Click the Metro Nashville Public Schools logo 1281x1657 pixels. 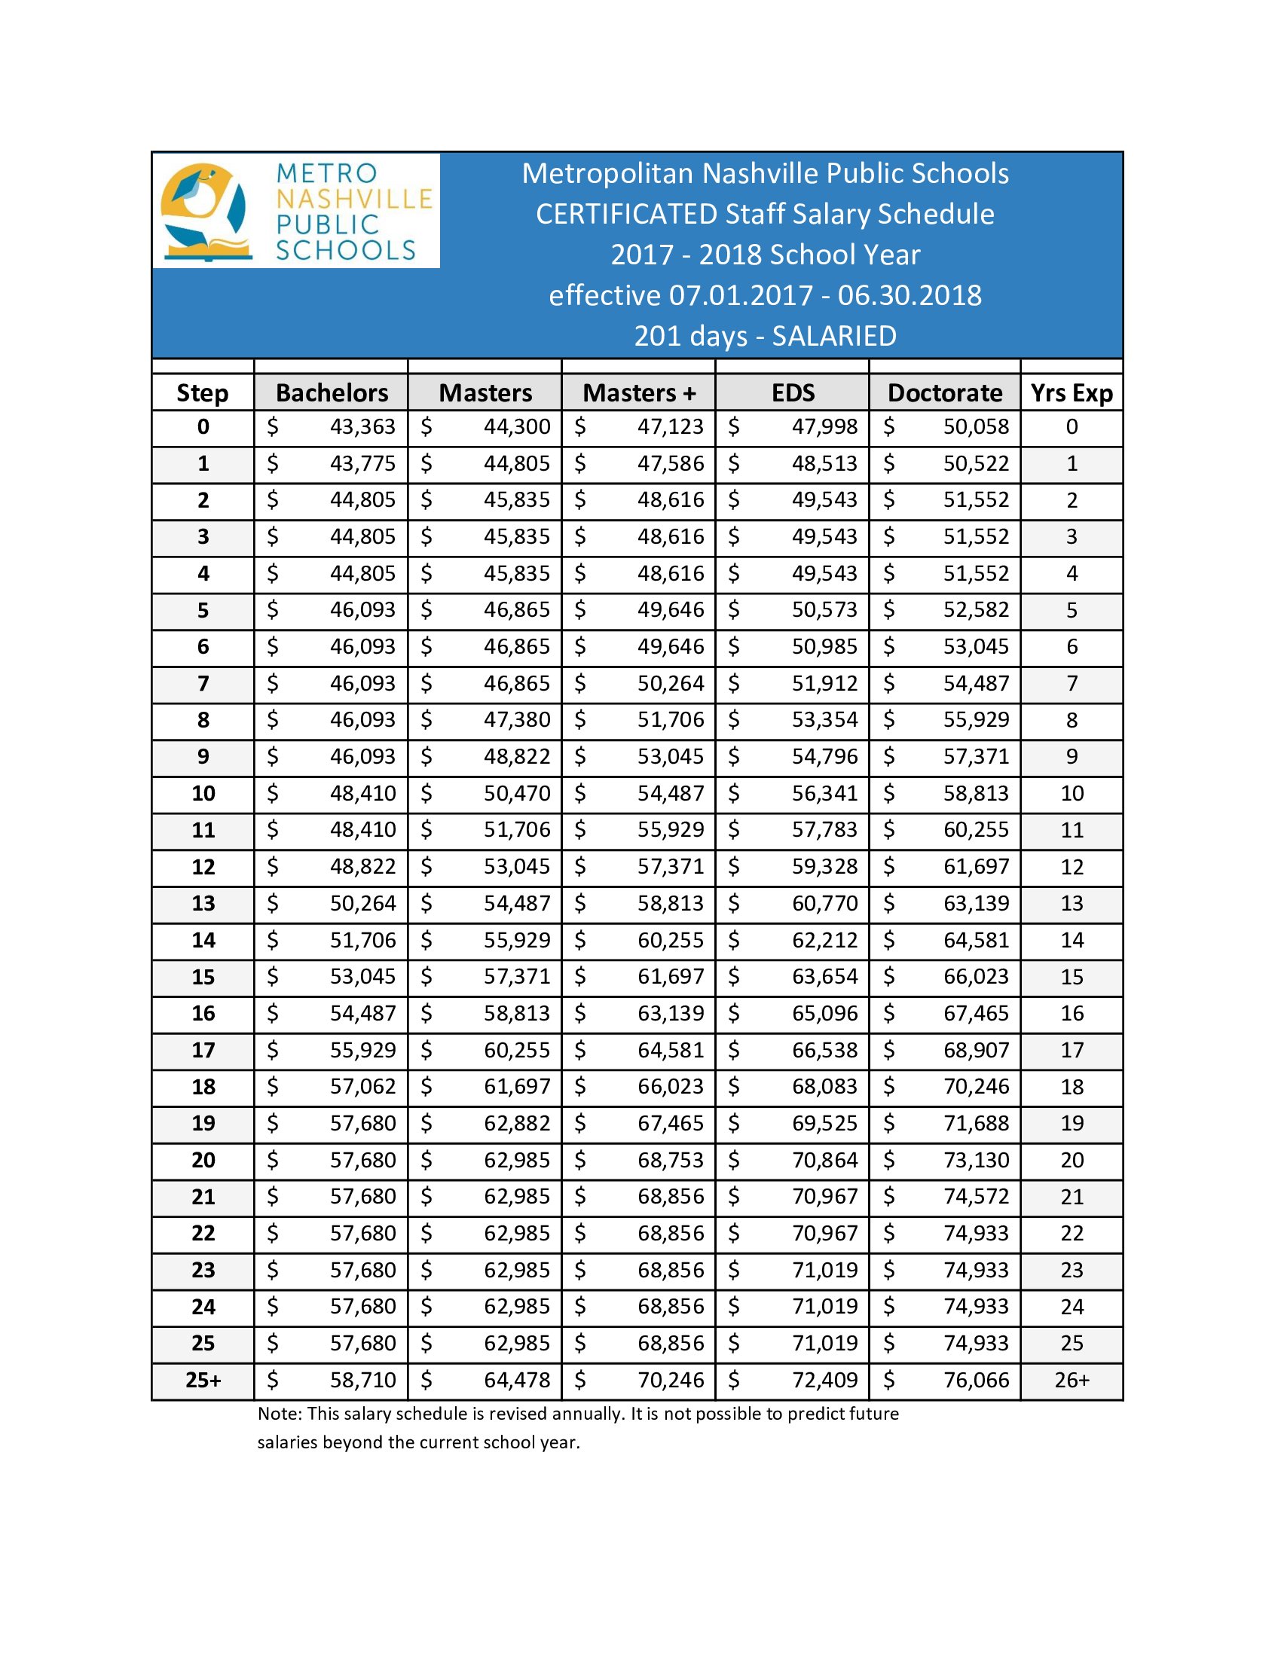click(296, 211)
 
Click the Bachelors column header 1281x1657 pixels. click(332, 393)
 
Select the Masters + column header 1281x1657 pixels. click(638, 393)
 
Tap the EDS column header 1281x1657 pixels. click(792, 393)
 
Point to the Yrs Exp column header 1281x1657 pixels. click(1071, 393)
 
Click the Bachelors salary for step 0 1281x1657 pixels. click(362, 427)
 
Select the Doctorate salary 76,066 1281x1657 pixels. click(976, 1380)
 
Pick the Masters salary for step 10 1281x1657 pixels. click(517, 794)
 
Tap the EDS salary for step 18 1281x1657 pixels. click(824, 1086)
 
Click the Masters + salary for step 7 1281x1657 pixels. click(670, 684)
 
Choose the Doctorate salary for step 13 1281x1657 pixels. click(976, 904)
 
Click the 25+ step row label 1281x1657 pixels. click(203, 1380)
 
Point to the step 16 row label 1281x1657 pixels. click(203, 1014)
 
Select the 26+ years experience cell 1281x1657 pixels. click(1072, 1380)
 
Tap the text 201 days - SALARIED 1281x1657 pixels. click(765, 336)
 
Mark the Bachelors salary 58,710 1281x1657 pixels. click(362, 1380)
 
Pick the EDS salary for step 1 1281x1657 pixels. click(824, 463)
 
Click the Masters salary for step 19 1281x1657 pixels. click(517, 1124)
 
